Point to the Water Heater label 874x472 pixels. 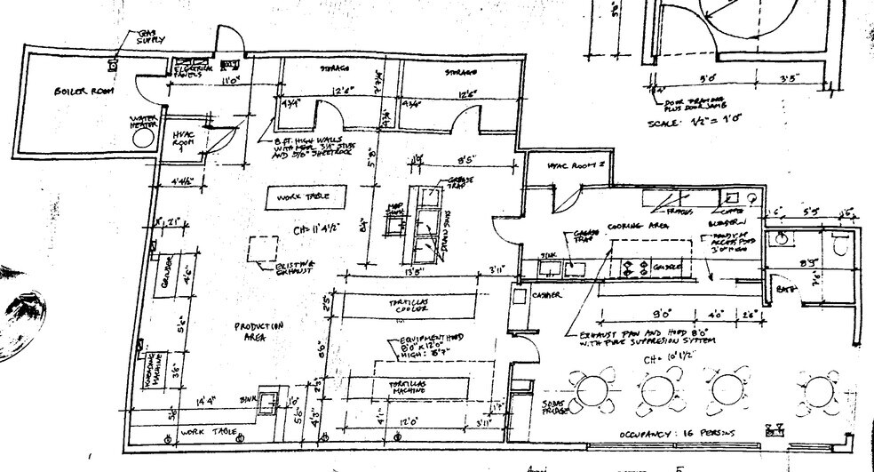[143, 121]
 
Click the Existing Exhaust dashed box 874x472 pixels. [264, 250]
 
